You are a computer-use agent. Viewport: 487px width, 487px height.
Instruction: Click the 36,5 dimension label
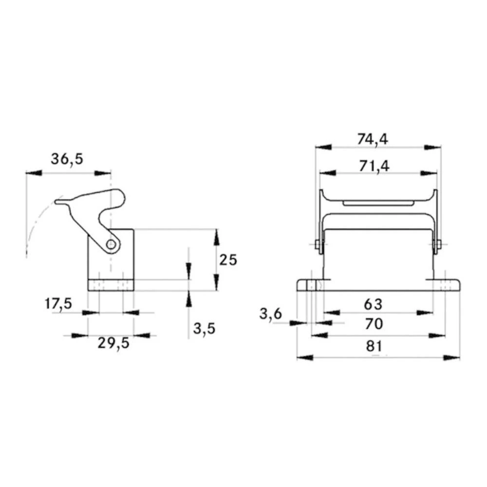point(67,159)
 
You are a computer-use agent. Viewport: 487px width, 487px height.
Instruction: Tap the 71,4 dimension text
point(374,166)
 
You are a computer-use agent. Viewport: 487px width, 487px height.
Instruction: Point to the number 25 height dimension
point(227,260)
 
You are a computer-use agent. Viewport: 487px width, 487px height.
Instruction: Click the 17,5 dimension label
point(58,304)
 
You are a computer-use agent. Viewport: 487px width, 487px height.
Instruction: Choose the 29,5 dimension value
point(113,343)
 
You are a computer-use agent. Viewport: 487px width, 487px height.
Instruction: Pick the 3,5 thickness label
point(204,329)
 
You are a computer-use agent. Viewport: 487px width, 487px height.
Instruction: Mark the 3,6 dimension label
point(270,315)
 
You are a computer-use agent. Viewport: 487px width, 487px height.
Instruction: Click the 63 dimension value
point(373,304)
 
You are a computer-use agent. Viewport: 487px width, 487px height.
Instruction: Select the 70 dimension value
point(373,323)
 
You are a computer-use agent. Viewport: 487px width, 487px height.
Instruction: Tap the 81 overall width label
point(373,346)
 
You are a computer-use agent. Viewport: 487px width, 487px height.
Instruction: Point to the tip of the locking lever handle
point(57,201)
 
